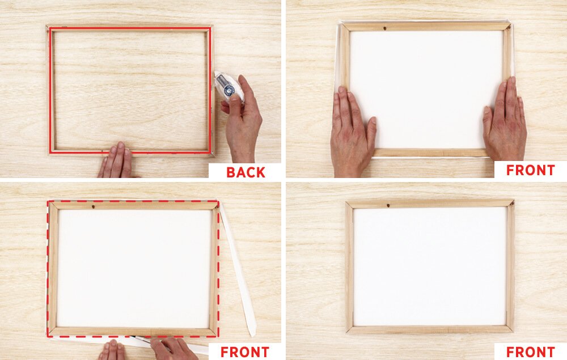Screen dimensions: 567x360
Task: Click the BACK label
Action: coord(246,172)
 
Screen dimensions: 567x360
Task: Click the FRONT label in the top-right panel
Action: coord(531,170)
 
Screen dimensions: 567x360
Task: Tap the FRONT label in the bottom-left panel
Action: coord(245,351)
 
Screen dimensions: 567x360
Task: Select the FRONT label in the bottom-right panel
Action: coord(531,351)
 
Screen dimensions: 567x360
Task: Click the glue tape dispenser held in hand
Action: coord(229,87)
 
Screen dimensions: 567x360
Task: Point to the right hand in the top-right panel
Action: coord(505,119)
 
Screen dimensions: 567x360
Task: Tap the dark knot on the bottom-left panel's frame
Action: coord(94,207)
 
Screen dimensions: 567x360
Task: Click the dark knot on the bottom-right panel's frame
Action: coord(388,206)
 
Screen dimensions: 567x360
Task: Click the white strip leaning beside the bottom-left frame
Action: coord(238,269)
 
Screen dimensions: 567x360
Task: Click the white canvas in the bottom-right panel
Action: coord(430,266)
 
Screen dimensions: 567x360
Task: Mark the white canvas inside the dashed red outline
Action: coord(134,268)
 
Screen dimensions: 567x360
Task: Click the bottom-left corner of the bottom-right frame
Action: coord(346,332)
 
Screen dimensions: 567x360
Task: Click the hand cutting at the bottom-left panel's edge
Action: coord(174,348)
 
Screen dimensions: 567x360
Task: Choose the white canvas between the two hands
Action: coord(427,89)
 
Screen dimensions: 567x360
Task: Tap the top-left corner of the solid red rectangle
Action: coord(50,28)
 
